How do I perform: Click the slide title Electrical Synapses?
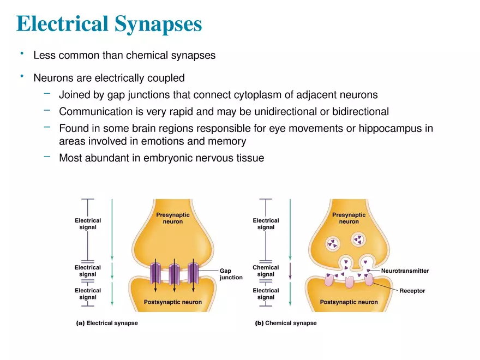pyautogui.click(x=109, y=24)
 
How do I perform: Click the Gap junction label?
pyautogui.click(x=231, y=274)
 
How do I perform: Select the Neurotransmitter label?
pyautogui.click(x=405, y=271)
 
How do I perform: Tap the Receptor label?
pyautogui.click(x=412, y=291)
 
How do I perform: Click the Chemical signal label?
pyautogui.click(x=266, y=271)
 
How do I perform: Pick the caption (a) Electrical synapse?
pyautogui.click(x=107, y=323)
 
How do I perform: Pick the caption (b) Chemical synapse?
pyautogui.click(x=286, y=323)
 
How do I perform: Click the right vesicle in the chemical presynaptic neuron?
pyautogui.click(x=358, y=238)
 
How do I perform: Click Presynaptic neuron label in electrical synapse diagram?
pyautogui.click(x=173, y=218)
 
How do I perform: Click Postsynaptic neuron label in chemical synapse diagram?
pyautogui.click(x=349, y=302)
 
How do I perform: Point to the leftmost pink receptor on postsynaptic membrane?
pyautogui.click(x=329, y=281)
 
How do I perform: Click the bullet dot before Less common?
pyautogui.click(x=21, y=53)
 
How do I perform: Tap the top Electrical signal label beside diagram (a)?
pyautogui.click(x=88, y=224)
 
